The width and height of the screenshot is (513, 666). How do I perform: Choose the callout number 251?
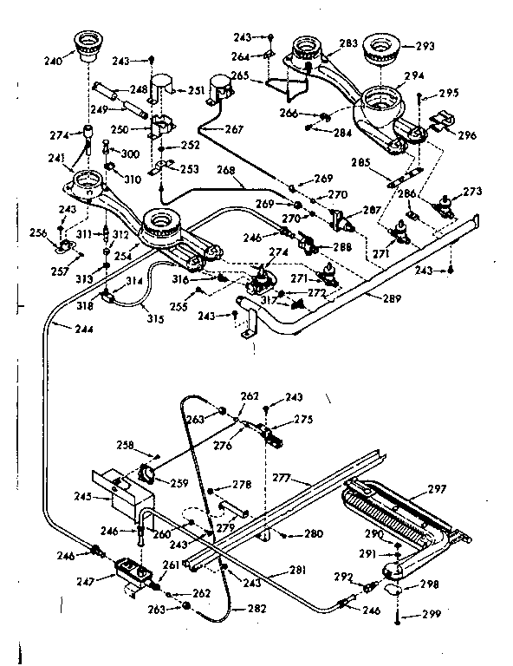(x=197, y=90)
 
